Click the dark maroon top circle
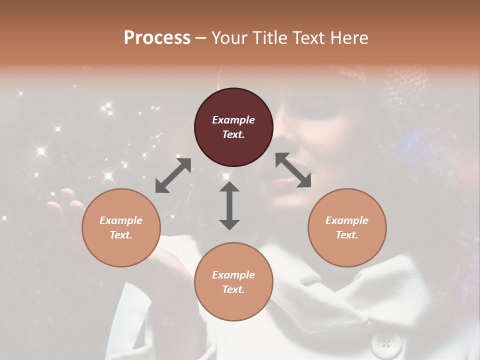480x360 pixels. [233, 127]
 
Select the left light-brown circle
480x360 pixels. [121, 228]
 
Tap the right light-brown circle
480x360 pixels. [347, 228]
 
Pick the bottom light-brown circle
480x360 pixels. [233, 282]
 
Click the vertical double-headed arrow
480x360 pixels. [229, 205]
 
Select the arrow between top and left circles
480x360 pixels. [173, 175]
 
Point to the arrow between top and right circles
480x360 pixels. [293, 170]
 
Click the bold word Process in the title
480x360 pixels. [157, 38]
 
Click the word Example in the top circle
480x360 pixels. [233, 120]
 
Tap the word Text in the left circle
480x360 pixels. [121, 235]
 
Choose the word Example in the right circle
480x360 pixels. [347, 220]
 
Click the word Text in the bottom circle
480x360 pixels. [233, 289]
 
